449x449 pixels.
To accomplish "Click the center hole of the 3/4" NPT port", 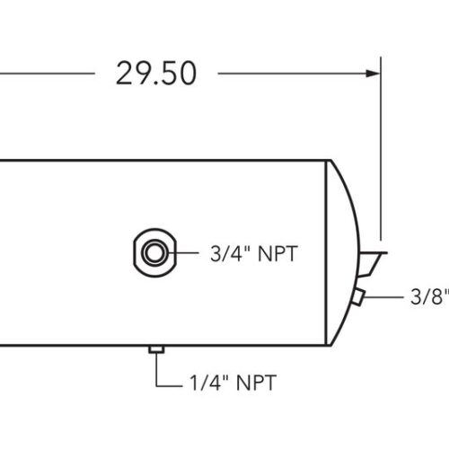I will [x=154, y=252].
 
